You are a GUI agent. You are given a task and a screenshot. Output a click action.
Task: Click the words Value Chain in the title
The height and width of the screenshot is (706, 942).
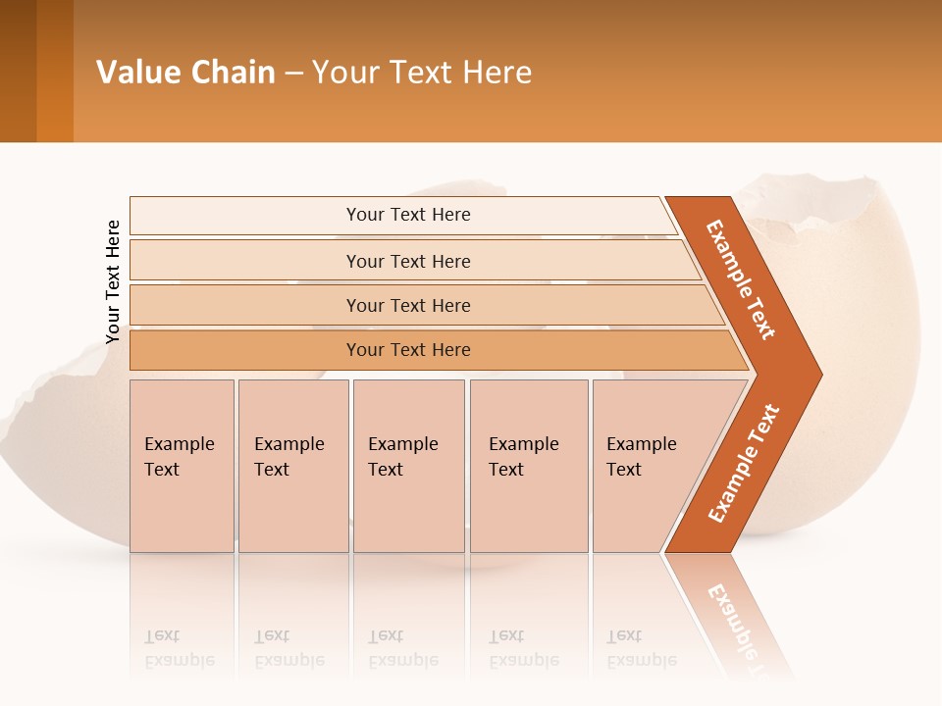tap(185, 72)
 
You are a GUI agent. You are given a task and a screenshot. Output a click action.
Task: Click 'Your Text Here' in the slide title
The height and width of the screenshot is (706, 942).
tap(422, 72)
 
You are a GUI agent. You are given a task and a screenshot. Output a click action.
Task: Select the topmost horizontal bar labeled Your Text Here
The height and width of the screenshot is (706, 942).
tap(408, 215)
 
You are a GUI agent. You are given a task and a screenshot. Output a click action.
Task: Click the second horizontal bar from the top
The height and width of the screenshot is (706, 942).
tap(408, 261)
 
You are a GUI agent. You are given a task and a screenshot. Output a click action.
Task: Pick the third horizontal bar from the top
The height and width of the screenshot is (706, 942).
tap(408, 305)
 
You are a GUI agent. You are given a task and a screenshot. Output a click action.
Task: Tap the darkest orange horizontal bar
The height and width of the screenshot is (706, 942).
tap(408, 350)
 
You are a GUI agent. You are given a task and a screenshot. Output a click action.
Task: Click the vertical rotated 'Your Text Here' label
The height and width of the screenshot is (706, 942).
tap(113, 281)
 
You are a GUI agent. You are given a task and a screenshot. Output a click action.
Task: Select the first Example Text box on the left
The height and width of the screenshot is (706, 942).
tap(181, 465)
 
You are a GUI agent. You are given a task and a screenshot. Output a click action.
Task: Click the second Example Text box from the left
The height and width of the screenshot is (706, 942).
tap(292, 465)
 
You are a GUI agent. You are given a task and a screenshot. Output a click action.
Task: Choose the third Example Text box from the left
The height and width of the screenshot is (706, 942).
tap(407, 465)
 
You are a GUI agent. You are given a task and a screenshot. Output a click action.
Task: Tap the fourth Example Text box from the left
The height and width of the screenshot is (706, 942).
tap(528, 465)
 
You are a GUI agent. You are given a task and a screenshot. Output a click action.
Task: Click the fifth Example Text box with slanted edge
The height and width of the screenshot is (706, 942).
tap(648, 465)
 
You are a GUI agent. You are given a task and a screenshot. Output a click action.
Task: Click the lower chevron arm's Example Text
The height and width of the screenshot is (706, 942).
tap(743, 464)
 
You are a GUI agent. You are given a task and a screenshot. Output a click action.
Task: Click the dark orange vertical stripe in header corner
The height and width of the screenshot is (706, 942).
tap(55, 72)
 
